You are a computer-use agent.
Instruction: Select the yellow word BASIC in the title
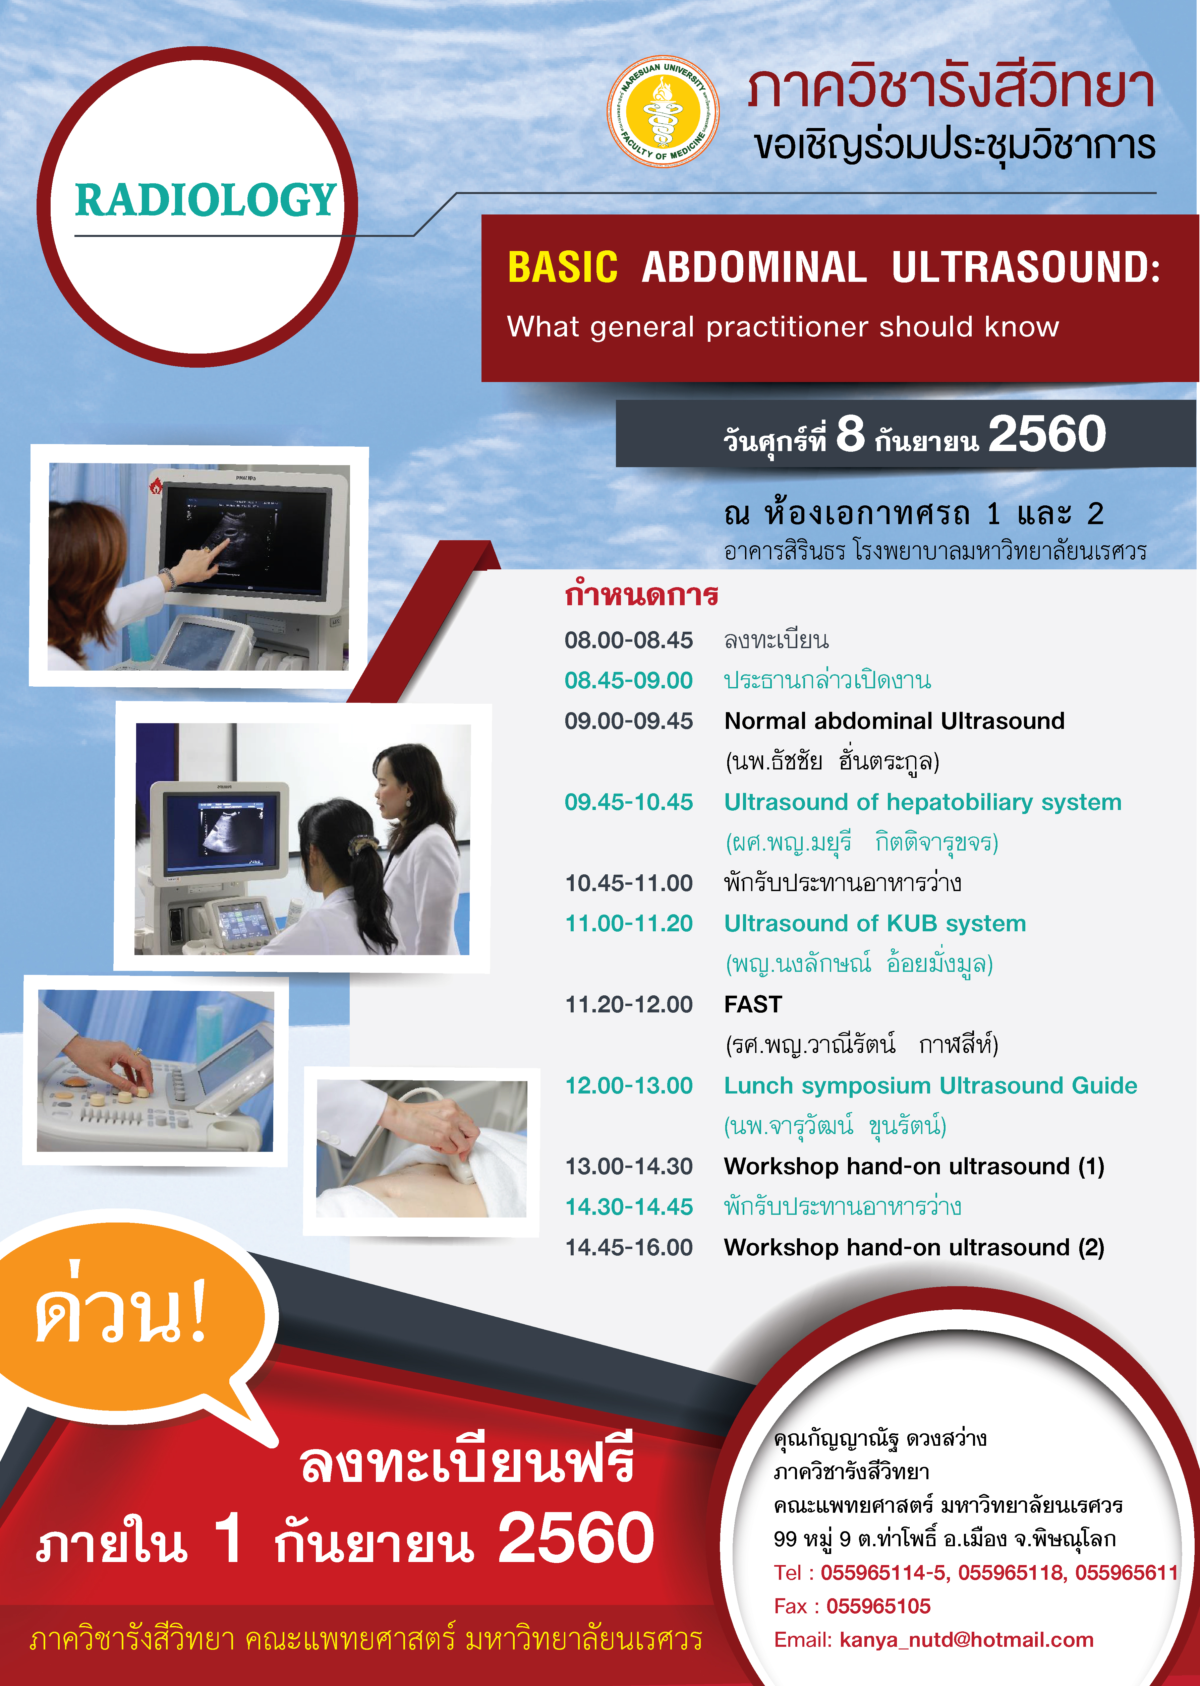tap(562, 267)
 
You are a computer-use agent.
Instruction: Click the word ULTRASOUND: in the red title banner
tap(1026, 267)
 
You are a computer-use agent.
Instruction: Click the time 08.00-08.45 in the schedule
tap(629, 640)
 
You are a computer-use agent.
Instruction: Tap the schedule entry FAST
tap(753, 1004)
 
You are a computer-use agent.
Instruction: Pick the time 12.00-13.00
tap(629, 1085)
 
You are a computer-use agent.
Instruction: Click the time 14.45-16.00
tap(629, 1247)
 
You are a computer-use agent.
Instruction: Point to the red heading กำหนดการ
tap(641, 595)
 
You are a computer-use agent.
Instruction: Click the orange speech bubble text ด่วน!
tap(122, 1309)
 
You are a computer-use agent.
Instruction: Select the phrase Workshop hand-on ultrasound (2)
tap(914, 1247)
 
